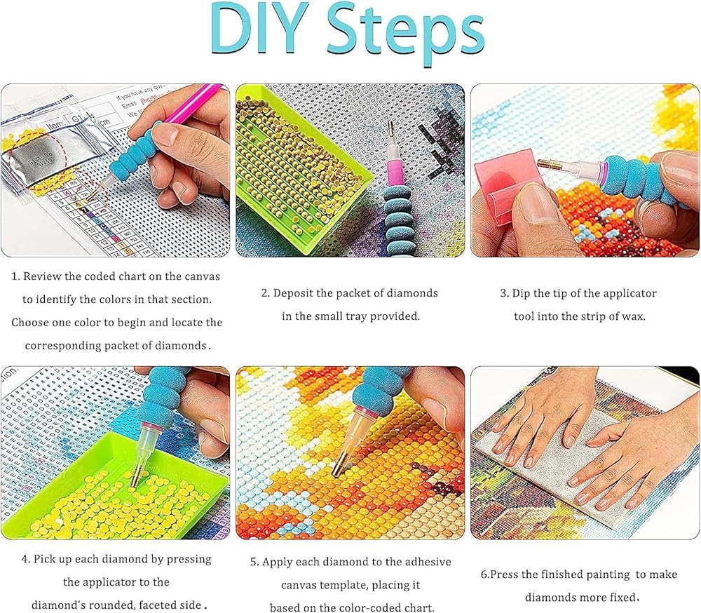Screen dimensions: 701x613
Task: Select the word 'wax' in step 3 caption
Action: (x=634, y=316)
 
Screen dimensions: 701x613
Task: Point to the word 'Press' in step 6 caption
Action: (x=504, y=574)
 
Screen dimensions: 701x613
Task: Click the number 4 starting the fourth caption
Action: (x=25, y=559)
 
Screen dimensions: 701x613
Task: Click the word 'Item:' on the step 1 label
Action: (x=57, y=126)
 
